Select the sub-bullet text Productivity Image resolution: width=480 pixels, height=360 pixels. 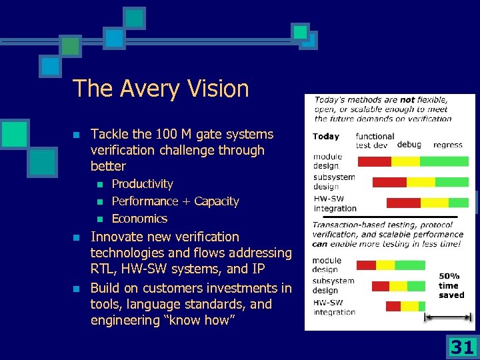[142, 184]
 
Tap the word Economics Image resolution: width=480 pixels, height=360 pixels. [139, 219]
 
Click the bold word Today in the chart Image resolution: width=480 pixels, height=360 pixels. [326, 137]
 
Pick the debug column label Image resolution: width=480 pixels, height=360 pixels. [409, 144]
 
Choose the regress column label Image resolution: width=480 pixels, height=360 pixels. [448, 144]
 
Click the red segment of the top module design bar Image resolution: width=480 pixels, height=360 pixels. [374, 161]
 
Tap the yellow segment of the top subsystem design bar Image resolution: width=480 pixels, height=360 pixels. [421, 182]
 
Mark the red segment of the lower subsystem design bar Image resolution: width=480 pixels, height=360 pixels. [380, 286]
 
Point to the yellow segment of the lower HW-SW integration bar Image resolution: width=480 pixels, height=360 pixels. [409, 306]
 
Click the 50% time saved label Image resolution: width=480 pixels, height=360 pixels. [451, 285]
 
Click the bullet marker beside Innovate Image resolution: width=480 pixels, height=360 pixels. [76, 237]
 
